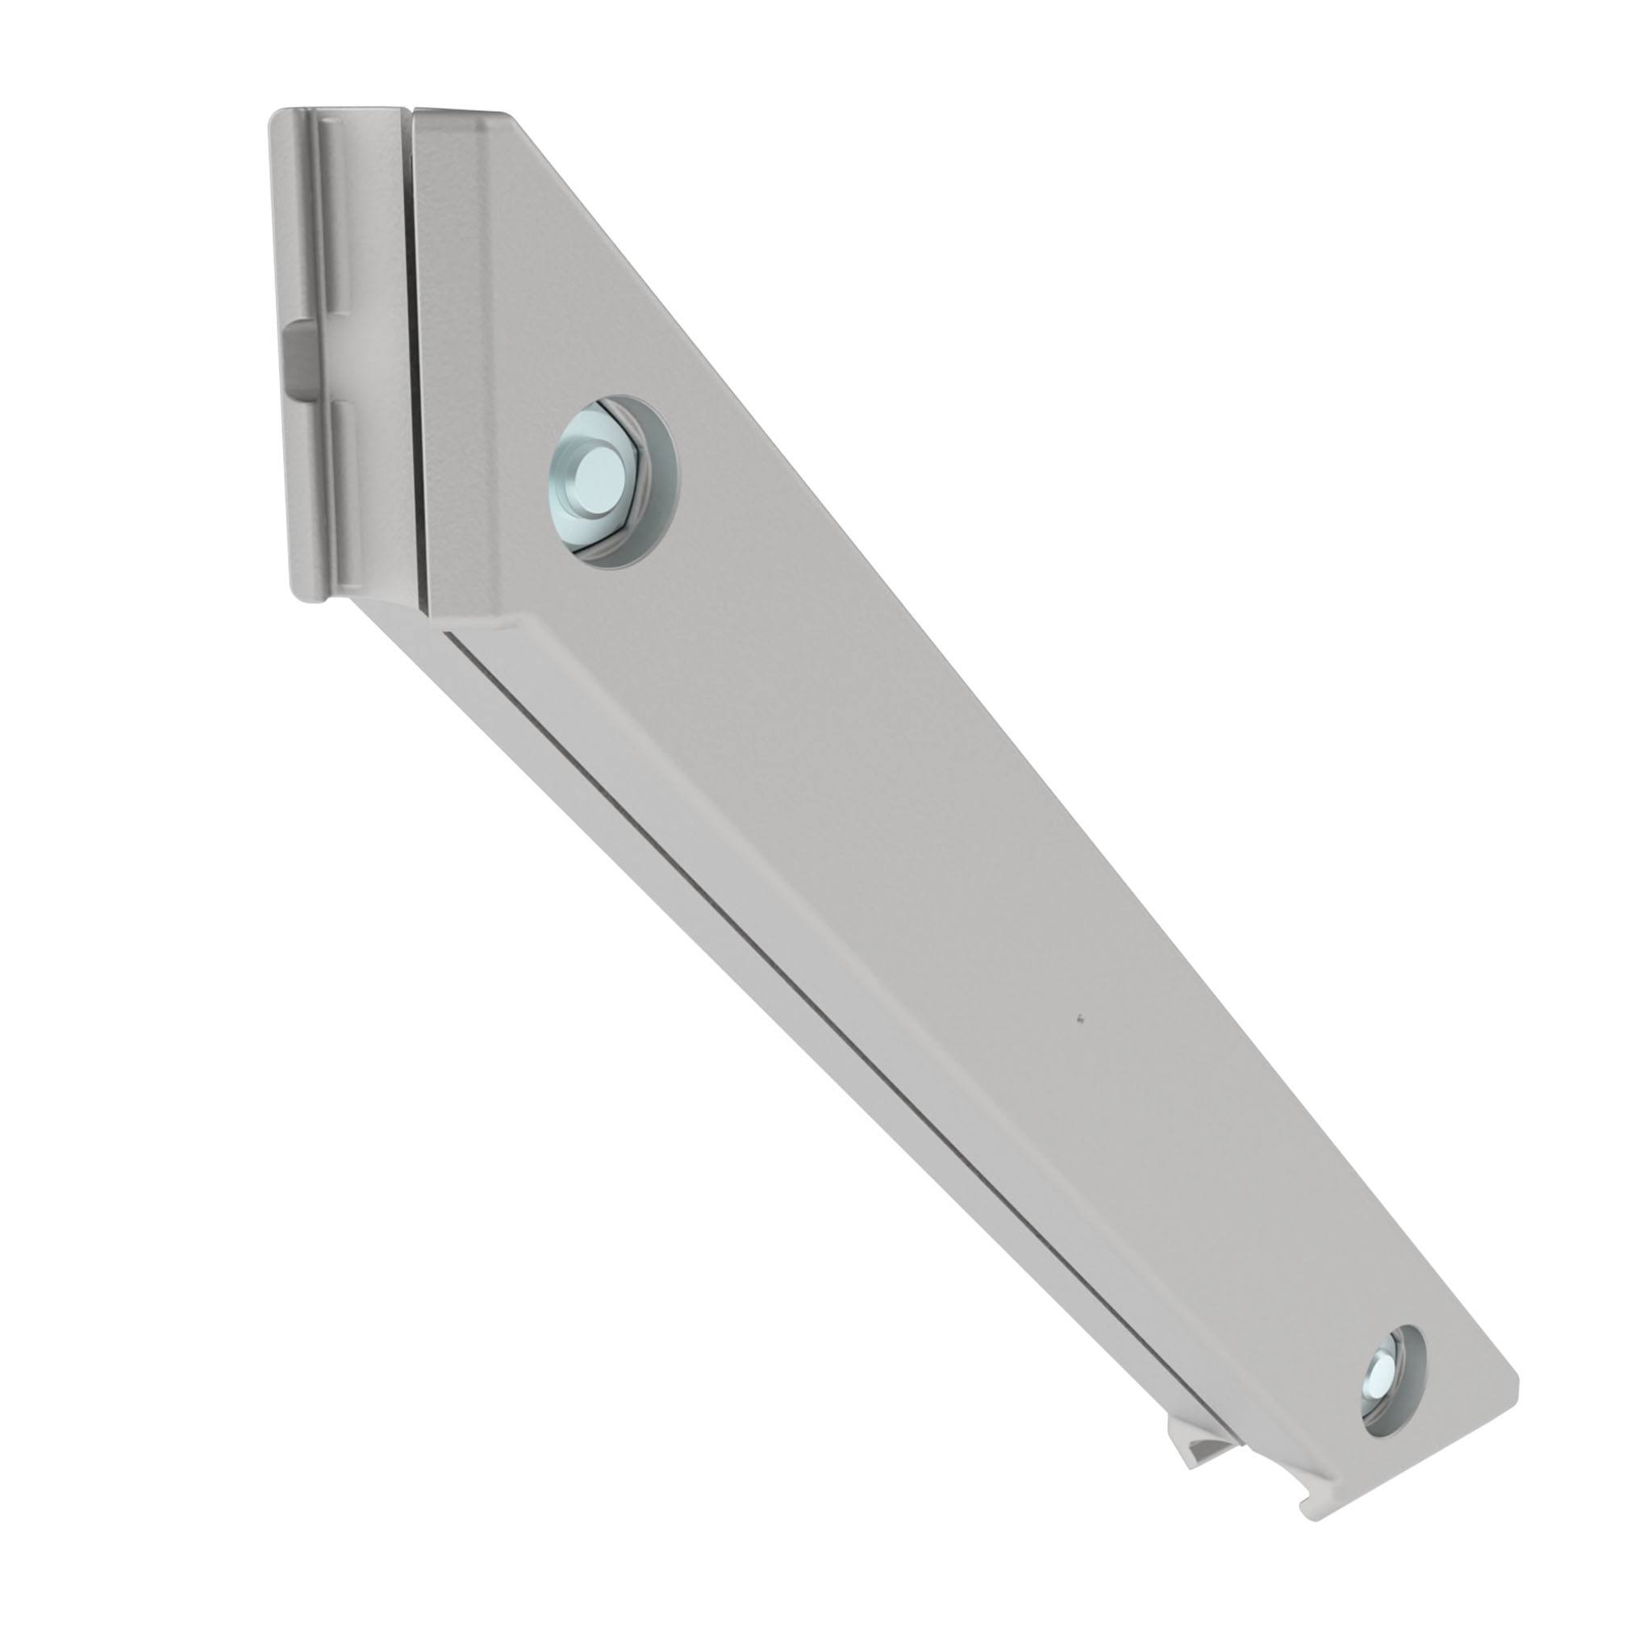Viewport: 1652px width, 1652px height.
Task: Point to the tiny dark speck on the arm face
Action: (1081, 1017)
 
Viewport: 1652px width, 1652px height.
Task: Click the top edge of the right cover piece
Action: (461, 111)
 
